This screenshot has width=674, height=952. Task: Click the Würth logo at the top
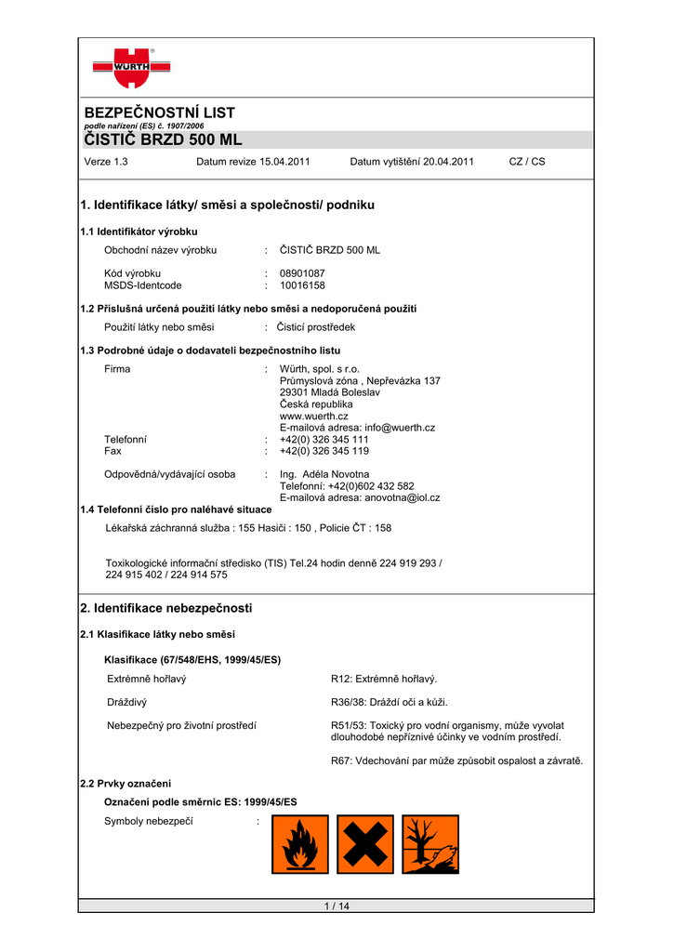pos(131,68)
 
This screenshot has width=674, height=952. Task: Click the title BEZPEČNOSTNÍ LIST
pos(159,112)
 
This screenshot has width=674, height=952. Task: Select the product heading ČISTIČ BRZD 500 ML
pos(163,139)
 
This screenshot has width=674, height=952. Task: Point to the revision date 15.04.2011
pos(282,162)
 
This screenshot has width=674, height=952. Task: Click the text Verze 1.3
pos(106,162)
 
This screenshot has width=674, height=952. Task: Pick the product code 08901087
pos(302,273)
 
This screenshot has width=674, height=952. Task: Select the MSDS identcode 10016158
pos(302,285)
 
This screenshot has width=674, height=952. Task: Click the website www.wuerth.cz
pos(314,416)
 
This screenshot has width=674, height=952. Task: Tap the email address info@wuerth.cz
pos(400,428)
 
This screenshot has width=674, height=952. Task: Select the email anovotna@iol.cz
pos(403,497)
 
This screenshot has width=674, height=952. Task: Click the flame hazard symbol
pos(300,844)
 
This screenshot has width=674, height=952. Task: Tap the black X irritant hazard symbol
pos(365,844)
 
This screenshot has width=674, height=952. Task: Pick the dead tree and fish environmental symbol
pos(430,844)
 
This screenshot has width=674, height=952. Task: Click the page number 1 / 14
pos(336,906)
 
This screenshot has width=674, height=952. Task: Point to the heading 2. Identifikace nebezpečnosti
pos(166,608)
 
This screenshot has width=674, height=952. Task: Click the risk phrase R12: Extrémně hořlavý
pos(384,680)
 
